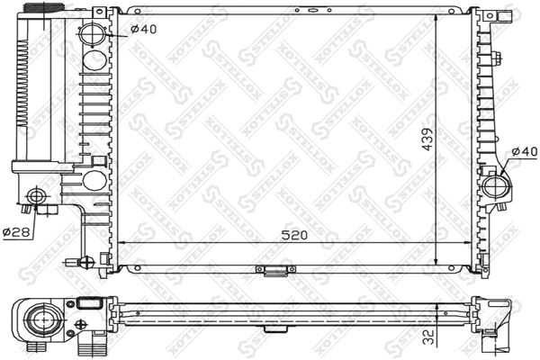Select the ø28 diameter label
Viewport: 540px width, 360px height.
pyautogui.click(x=16, y=232)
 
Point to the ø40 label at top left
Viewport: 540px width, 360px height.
pyautogui.click(x=144, y=28)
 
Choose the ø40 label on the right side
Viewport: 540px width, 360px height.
pyautogui.click(x=524, y=150)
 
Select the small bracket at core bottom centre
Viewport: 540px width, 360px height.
pyautogui.click(x=273, y=269)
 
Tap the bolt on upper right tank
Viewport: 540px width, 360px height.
pyautogui.click(x=498, y=61)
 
